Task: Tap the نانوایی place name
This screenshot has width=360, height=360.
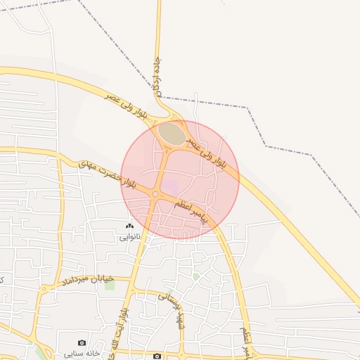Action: click(129, 238)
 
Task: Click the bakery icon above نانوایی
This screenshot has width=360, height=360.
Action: click(129, 226)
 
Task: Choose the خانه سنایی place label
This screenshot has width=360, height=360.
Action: click(83, 353)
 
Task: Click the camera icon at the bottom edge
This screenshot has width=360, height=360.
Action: click(157, 356)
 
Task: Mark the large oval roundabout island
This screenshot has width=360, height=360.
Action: click(171, 131)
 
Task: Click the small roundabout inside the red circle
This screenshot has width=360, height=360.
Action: click(155, 195)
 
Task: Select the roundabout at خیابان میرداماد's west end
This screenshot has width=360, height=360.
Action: click(43, 288)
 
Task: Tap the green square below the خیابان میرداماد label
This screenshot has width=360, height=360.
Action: click(110, 285)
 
